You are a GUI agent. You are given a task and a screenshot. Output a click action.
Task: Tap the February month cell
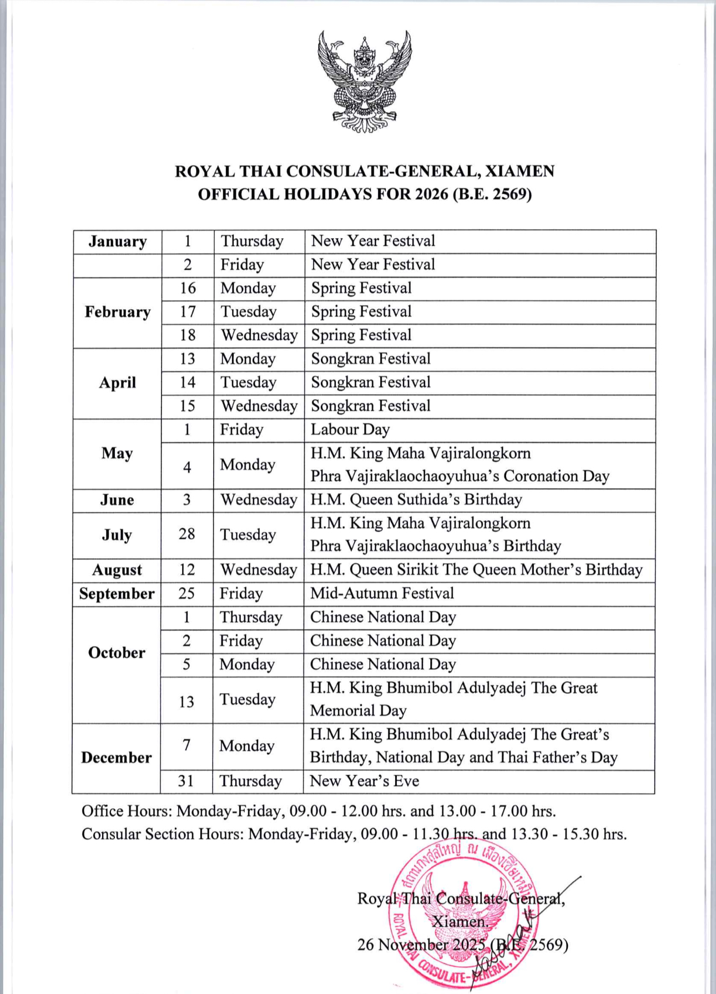117,312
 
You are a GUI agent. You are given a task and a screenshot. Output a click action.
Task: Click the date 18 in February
188,335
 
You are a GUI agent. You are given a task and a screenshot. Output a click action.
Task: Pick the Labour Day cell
350,430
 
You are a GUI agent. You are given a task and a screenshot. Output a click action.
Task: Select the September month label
117,594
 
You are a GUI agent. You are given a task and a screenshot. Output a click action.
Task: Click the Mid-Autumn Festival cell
382,593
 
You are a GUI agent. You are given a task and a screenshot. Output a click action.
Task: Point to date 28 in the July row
186,534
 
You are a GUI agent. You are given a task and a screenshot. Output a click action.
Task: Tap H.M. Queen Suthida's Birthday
416,499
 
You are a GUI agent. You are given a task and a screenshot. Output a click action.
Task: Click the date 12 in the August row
187,570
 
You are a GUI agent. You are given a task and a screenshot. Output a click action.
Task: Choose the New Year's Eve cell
364,781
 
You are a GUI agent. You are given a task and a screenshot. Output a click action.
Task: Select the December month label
116,758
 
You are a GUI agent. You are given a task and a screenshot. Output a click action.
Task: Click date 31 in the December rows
186,781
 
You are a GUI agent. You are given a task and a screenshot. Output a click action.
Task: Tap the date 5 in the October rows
186,664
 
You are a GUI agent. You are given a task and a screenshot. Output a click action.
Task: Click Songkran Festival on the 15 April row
371,406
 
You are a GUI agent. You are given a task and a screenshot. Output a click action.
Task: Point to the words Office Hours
126,811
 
